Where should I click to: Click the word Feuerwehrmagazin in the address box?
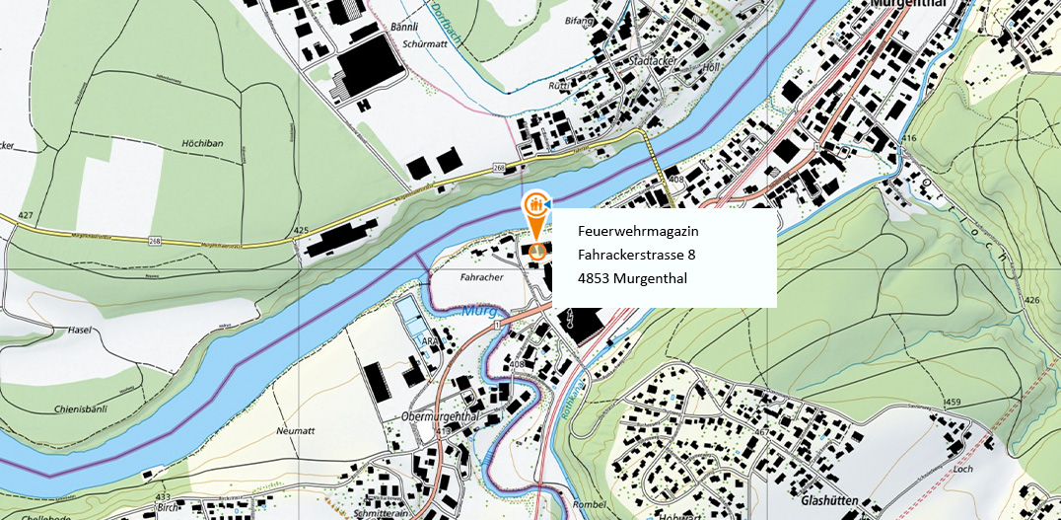coord(638,230)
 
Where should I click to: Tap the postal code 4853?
coord(594,277)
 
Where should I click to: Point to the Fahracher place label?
coord(481,277)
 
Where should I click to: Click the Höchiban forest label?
coord(202,143)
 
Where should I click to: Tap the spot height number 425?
coord(302,230)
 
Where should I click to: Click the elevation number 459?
coord(952,403)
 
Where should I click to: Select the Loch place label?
coord(962,469)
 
